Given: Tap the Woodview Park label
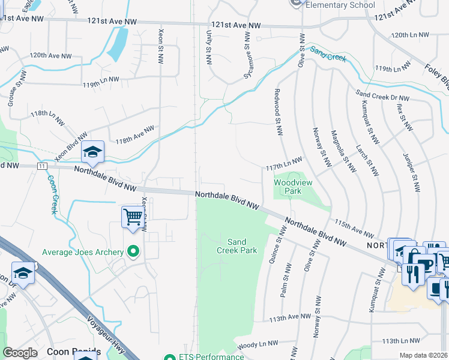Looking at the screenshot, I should (x=287, y=187).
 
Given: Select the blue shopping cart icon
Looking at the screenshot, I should (x=132, y=217).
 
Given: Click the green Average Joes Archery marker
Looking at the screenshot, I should (x=133, y=252).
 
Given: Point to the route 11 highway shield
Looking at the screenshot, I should (x=41, y=166).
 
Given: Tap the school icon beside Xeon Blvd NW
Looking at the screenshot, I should (x=93, y=152).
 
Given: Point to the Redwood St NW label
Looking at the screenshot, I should (x=278, y=112).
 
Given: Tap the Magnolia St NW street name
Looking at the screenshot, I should (x=339, y=151).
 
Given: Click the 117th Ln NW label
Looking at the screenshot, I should (x=284, y=163).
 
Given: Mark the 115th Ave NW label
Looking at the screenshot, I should (x=354, y=227).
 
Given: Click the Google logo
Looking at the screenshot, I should (x=20, y=353).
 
